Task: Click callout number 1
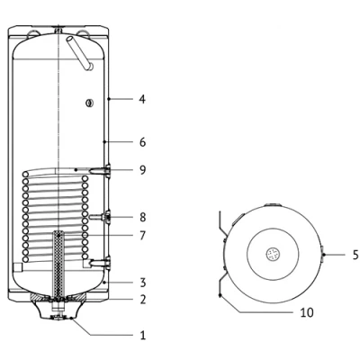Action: point(143,335)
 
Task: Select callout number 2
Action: point(143,299)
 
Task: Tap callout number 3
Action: point(143,283)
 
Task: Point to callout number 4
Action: point(142,99)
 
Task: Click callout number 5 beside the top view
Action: point(355,255)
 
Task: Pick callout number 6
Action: point(143,142)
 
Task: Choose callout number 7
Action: point(143,236)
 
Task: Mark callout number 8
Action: point(143,217)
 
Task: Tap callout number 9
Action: point(143,170)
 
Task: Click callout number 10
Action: point(307,312)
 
